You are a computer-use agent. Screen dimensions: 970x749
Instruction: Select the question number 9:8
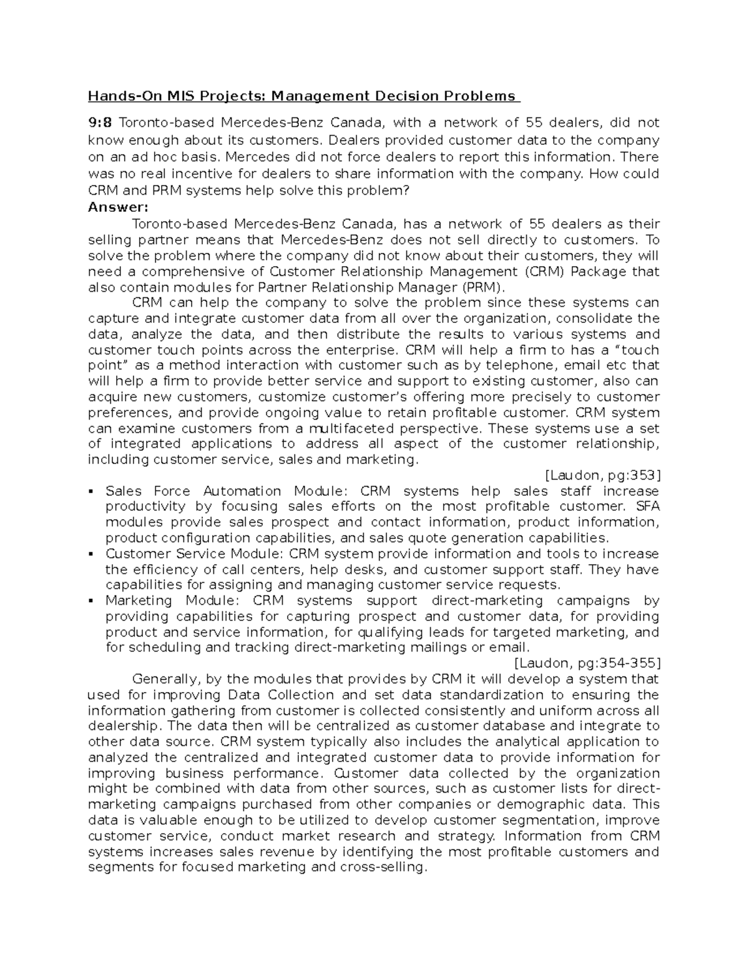pos(100,122)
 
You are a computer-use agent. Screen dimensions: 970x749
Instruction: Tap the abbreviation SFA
pos(647,507)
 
